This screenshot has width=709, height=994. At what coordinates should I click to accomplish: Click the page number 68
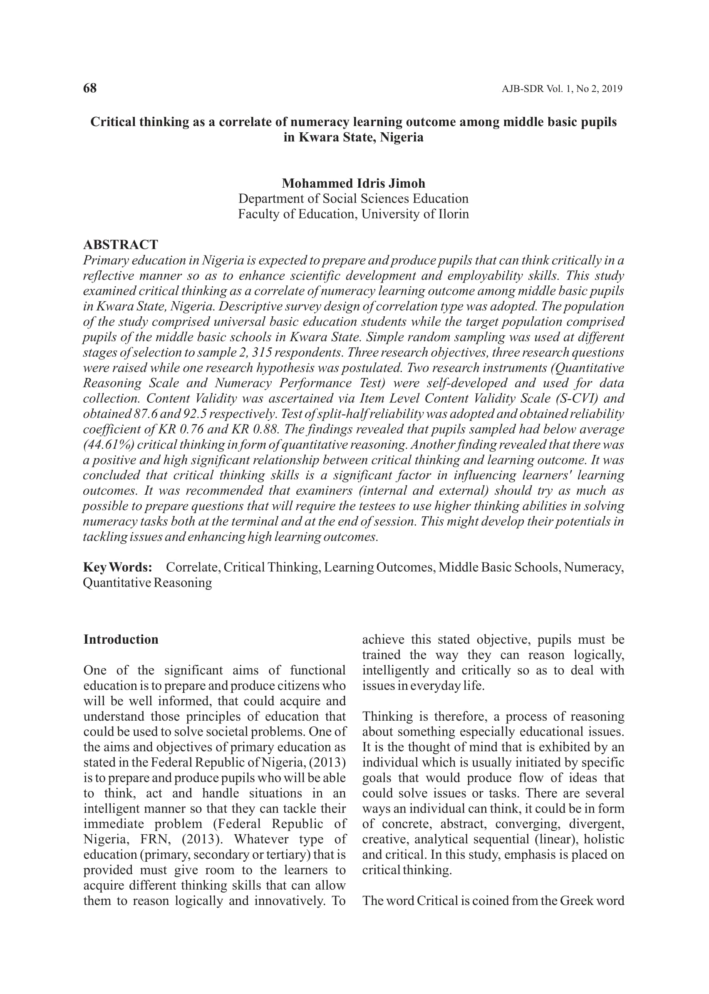[90, 88]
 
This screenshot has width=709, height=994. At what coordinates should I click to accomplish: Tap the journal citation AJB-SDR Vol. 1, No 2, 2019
[562, 89]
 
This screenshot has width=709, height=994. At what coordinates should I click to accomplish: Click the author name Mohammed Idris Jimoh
[353, 183]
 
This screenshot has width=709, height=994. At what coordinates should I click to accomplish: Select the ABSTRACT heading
[121, 245]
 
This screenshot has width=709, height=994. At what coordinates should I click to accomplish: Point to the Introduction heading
[121, 640]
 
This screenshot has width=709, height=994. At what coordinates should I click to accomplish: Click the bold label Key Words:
[117, 568]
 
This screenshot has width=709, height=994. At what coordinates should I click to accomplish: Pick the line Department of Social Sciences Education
[353, 198]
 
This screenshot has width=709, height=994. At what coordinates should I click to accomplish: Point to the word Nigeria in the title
[402, 137]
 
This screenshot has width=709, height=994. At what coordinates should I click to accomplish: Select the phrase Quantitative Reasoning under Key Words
[148, 583]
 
